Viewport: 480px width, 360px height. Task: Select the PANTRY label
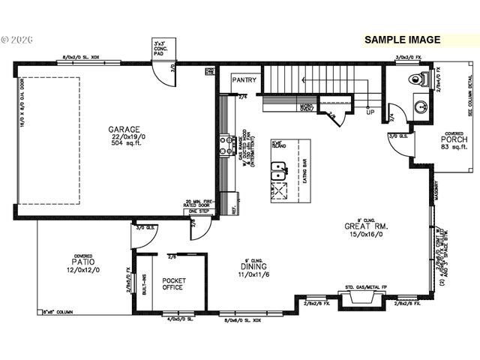point(244,79)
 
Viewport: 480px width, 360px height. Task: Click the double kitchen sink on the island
point(278,175)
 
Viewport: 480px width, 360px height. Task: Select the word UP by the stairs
point(370,113)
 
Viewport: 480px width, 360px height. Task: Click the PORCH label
point(454,139)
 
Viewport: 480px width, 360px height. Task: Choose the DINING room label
point(253,266)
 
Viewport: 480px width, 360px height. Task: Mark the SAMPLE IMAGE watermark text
point(402,40)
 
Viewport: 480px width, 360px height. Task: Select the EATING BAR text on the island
point(304,172)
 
